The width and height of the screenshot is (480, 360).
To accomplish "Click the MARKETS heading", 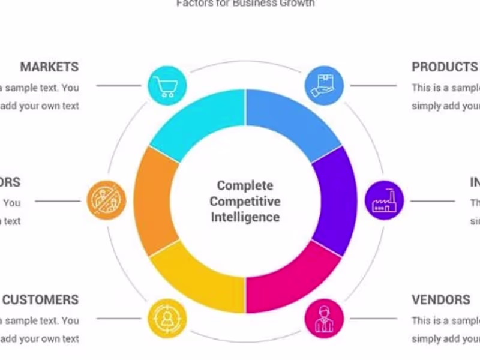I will pos(49,67).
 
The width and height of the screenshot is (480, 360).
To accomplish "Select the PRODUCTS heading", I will pos(445,67).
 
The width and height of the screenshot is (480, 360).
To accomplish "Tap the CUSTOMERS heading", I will pos(41,299).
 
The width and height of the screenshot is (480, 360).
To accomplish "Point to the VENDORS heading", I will pos(441,299).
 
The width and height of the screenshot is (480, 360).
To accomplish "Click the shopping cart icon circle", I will pos(166,85).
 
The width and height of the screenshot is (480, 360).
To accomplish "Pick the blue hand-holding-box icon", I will pos(324,85).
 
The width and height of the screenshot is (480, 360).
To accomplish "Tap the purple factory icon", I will pos(385,200).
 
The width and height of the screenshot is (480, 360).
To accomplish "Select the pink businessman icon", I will pos(324,318).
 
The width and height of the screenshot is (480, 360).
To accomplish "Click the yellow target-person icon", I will pos(166,318).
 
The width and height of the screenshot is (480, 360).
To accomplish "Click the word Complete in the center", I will pos(245,185).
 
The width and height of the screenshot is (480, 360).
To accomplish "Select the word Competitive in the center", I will pos(245,201).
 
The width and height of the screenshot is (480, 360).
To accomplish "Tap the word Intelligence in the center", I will pos(245,216).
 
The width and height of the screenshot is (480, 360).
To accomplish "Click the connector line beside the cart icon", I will pos(118,86).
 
